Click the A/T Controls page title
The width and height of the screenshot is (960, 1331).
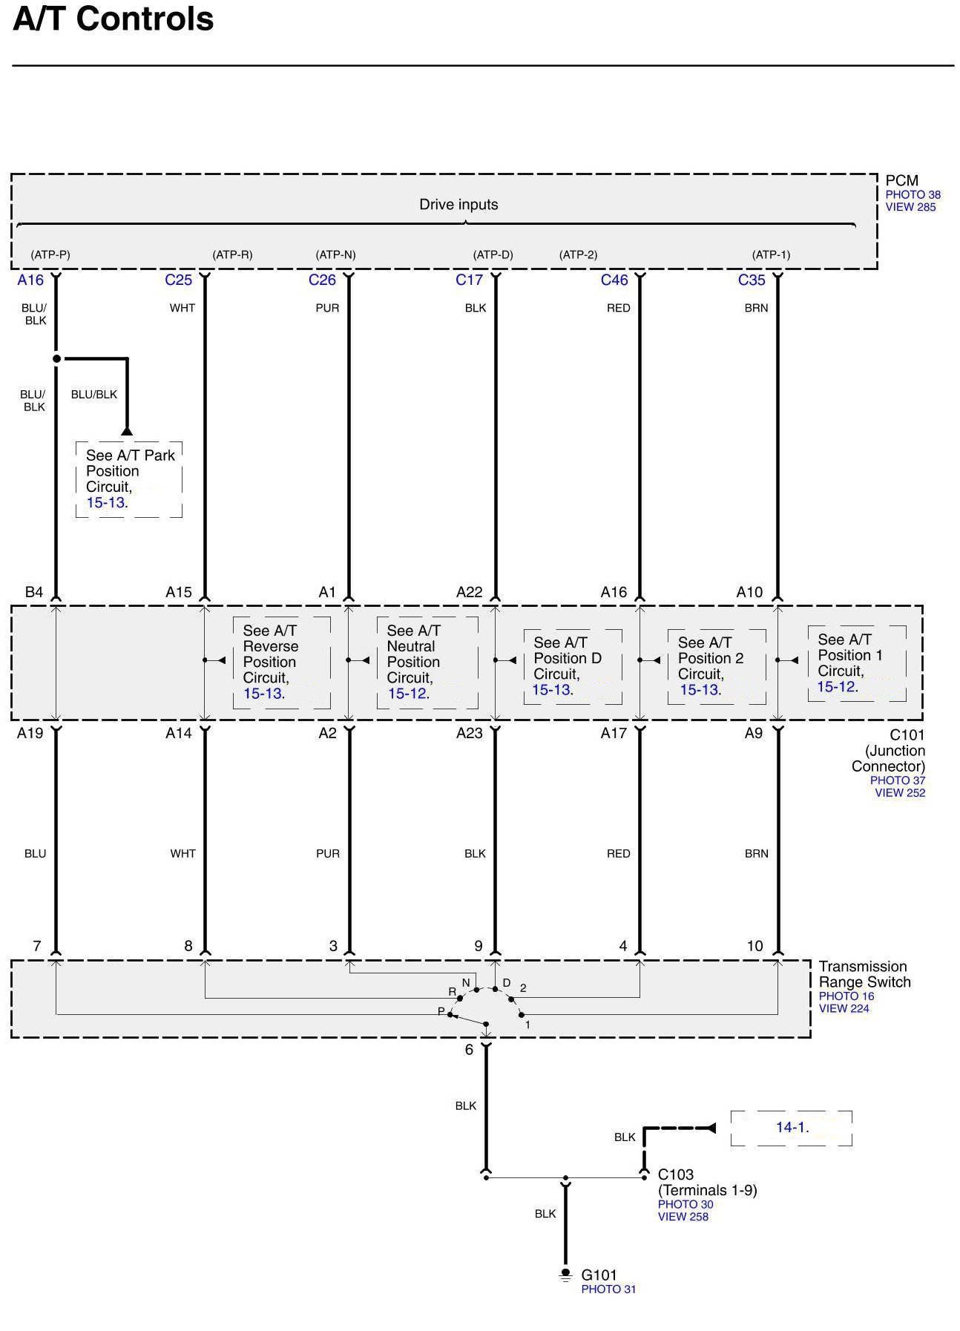click(x=114, y=19)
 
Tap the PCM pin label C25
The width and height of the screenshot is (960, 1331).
click(x=178, y=280)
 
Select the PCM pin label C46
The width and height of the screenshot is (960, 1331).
click(x=614, y=280)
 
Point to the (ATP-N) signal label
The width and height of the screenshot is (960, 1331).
click(x=335, y=254)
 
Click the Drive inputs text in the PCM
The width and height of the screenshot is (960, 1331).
click(x=458, y=205)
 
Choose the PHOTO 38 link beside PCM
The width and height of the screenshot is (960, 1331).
click(x=913, y=194)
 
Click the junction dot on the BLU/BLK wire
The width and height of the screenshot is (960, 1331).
click(x=56, y=359)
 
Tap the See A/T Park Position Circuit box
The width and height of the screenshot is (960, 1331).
click(x=129, y=479)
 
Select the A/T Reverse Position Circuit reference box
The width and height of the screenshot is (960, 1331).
click(x=281, y=662)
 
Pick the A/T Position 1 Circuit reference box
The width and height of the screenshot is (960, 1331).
click(x=856, y=663)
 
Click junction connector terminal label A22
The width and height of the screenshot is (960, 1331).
click(x=469, y=592)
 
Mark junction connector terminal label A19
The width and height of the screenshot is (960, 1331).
click(x=30, y=733)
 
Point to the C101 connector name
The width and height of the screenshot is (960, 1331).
click(x=907, y=734)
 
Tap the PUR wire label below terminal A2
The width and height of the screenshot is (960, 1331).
click(x=328, y=853)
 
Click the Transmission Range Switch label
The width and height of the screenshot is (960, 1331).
click(x=864, y=974)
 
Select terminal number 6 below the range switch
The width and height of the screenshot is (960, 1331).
click(x=469, y=1050)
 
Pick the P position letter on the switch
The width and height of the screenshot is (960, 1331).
click(x=441, y=1011)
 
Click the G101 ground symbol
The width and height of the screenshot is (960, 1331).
click(x=565, y=1275)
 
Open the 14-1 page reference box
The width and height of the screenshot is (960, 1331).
click(x=792, y=1128)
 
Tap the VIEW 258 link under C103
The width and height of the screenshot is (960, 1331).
click(x=683, y=1216)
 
